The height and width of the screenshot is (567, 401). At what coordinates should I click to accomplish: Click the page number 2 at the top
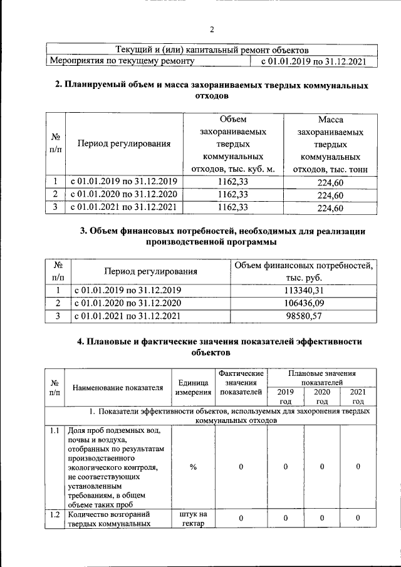click(x=211, y=29)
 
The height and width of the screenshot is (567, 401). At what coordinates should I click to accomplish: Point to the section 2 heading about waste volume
click(x=211, y=91)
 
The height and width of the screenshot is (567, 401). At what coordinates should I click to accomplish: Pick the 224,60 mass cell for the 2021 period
click(x=330, y=209)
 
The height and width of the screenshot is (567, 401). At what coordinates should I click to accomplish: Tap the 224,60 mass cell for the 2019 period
click(x=330, y=181)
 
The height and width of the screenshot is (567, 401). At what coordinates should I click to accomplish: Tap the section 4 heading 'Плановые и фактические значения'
click(x=211, y=346)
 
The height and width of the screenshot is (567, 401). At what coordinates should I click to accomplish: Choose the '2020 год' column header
click(x=322, y=397)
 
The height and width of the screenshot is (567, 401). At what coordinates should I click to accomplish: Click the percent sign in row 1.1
click(x=193, y=467)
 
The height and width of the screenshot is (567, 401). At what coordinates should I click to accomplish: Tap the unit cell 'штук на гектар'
click(x=193, y=519)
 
